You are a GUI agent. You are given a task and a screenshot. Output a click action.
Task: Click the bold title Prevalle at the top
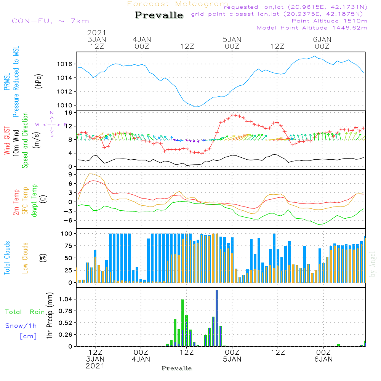point(159,15)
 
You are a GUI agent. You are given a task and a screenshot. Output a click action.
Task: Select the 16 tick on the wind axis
point(69,113)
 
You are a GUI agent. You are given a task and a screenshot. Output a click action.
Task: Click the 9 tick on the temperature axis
point(70,174)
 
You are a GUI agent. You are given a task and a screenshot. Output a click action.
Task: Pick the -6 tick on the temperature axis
point(69,221)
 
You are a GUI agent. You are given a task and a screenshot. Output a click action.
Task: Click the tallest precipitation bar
point(217,318)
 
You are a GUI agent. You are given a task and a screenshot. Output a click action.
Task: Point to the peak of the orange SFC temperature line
point(90,174)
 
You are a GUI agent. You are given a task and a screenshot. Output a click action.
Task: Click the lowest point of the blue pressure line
point(196,107)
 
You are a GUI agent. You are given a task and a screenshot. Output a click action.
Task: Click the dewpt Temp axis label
point(35,201)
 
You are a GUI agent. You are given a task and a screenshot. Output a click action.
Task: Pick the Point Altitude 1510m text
point(329,21)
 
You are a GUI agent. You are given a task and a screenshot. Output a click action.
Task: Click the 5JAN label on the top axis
point(232,40)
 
